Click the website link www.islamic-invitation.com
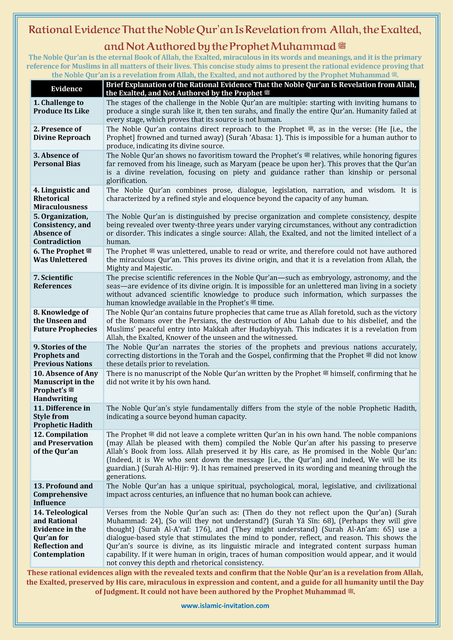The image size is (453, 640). tap(225, 606)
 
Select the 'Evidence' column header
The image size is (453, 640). tap(67, 89)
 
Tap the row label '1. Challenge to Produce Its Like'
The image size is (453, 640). tap(61, 107)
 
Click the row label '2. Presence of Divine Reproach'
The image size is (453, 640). tap(62, 133)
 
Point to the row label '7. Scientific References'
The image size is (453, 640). tap(53, 282)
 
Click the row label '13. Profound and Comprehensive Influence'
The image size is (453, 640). tap(63, 494)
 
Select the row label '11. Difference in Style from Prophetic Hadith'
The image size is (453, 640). tap(63, 416)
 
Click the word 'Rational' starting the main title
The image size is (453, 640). tap(50, 30)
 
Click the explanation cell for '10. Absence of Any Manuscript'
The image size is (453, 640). tap(261, 385)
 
